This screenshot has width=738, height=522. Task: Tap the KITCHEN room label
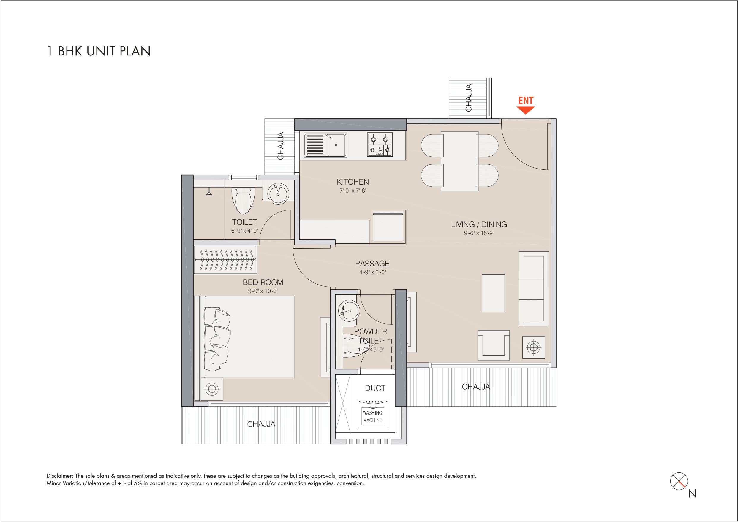tap(353, 182)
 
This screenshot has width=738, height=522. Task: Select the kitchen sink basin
tap(336, 145)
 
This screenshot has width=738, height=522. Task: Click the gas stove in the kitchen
tap(380, 145)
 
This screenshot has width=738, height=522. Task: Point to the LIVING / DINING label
tap(479, 224)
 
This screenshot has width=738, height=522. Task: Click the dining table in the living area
tap(459, 161)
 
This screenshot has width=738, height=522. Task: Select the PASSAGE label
tap(372, 264)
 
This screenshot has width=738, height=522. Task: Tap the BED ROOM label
tap(263, 282)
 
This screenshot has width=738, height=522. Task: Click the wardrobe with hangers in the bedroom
tap(225, 260)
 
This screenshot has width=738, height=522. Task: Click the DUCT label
tap(375, 388)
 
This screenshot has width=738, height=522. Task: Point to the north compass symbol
tap(679, 481)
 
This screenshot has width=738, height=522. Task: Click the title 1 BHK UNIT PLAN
tap(99, 51)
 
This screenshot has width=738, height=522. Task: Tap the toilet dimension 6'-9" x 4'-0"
tap(244, 231)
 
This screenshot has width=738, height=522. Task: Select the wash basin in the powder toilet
tap(349, 310)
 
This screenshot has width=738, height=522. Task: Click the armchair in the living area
tap(493, 345)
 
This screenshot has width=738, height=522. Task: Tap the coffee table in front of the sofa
tap(493, 293)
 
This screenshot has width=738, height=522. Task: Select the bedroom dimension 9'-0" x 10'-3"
tap(263, 291)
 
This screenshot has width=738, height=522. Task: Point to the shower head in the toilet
tap(209, 192)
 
